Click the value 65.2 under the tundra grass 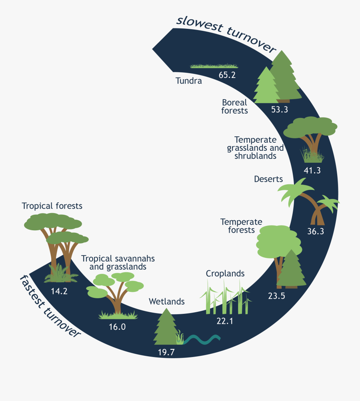click(x=227, y=75)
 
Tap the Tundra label click(x=188, y=81)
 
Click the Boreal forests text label click(x=235, y=106)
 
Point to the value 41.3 click(x=312, y=170)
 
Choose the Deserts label click(x=268, y=179)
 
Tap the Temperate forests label click(x=241, y=226)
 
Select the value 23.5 click(x=276, y=296)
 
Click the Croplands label click(x=225, y=273)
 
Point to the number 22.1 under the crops click(x=224, y=321)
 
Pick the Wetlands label click(x=167, y=301)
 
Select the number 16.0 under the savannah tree click(x=117, y=327)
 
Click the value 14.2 click(x=59, y=291)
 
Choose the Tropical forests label click(x=52, y=206)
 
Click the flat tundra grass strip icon click(x=214, y=66)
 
